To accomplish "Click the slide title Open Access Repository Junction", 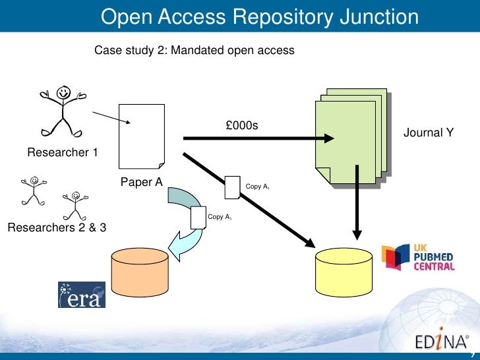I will tap(260, 18).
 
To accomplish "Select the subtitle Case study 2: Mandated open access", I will tap(195, 50).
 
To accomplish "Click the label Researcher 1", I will tap(63, 153).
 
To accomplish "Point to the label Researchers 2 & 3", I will tap(57, 228).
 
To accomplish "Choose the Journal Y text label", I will tap(429, 133).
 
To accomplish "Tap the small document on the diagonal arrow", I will tap(233, 187).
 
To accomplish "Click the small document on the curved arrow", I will tap(197, 217).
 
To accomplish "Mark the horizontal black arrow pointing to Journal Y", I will tap(257, 138).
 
